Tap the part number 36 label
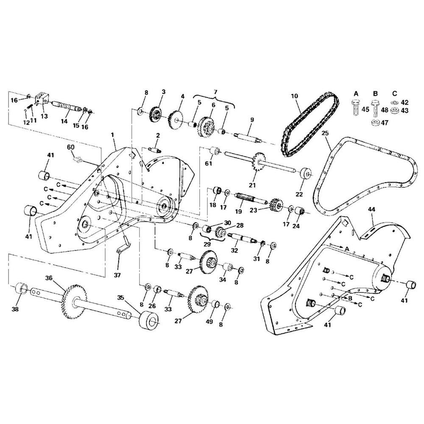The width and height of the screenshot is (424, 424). coord(49,278)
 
